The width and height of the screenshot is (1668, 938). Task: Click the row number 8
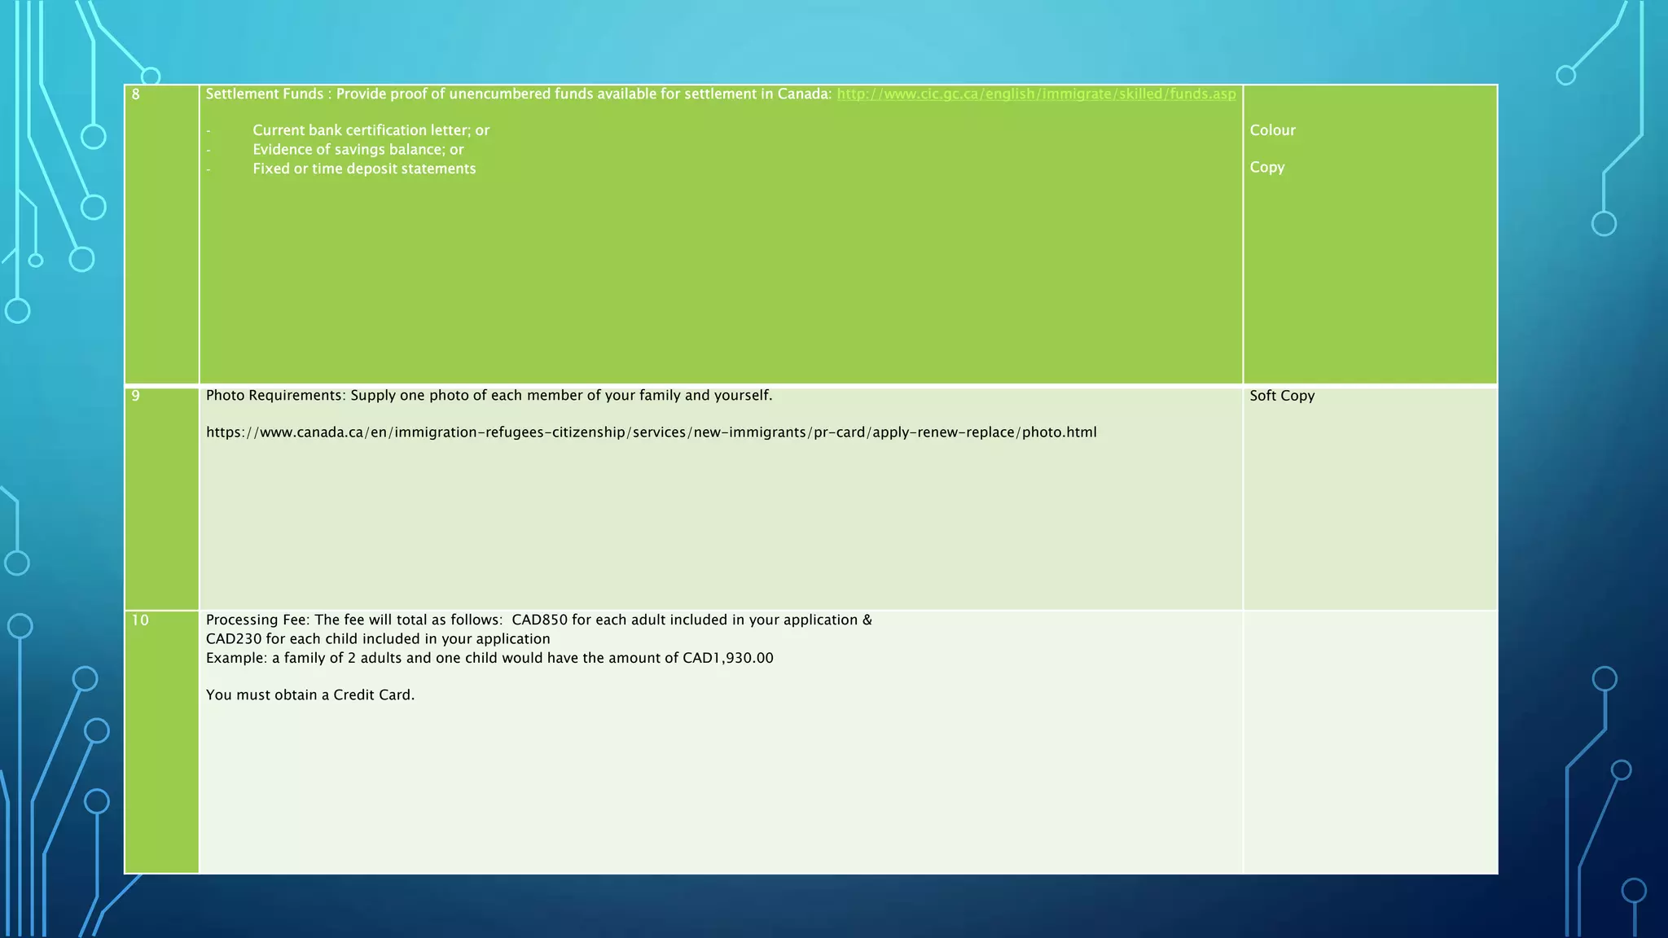(x=136, y=94)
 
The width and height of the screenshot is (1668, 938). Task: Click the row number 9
(x=136, y=396)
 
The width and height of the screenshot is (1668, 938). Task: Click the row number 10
(x=140, y=620)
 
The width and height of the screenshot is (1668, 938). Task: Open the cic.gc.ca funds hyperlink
(x=1036, y=94)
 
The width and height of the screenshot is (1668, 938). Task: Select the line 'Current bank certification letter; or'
(x=371, y=130)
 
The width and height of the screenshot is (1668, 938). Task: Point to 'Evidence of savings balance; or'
(x=358, y=150)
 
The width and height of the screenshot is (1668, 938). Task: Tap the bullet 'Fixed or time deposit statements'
(x=364, y=169)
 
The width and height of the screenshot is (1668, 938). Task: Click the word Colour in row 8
(x=1272, y=130)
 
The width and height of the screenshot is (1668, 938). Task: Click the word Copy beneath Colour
(x=1267, y=167)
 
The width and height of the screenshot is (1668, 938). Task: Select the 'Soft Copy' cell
(x=1282, y=396)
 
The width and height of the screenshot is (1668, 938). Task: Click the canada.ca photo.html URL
(x=651, y=432)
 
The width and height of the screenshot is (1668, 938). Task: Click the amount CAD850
(x=539, y=620)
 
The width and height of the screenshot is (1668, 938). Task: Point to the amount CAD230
(x=234, y=639)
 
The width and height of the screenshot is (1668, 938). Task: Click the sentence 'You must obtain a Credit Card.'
(x=310, y=695)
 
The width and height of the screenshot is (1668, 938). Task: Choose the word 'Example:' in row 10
(x=236, y=658)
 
